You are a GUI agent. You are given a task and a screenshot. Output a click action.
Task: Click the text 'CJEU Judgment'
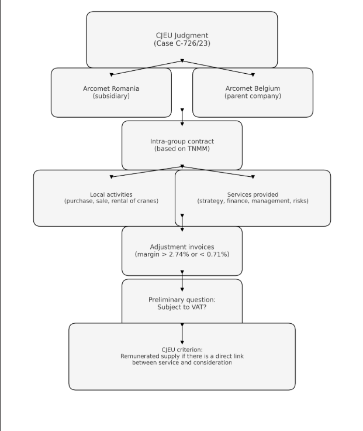[182, 36]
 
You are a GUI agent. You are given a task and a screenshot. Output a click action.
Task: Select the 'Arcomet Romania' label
[111, 88]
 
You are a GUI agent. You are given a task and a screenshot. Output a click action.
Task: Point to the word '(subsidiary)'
[111, 96]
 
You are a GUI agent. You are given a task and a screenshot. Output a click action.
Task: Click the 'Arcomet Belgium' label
[253, 88]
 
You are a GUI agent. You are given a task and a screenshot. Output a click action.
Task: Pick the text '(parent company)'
[253, 96]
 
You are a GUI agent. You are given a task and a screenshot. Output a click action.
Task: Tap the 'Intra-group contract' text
[182, 141]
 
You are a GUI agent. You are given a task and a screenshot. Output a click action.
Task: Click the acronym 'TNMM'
[199, 149]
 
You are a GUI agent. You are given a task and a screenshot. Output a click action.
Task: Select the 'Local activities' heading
[111, 194]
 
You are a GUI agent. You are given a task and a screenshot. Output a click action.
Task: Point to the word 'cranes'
[148, 201]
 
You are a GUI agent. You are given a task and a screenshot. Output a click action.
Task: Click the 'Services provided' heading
[253, 194]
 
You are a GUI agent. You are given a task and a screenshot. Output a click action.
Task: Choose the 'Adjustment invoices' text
[182, 247]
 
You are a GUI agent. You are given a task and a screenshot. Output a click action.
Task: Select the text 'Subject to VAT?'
[182, 307]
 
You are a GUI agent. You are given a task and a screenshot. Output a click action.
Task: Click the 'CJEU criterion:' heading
[182, 350]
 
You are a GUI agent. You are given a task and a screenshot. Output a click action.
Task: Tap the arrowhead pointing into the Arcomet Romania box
[111, 75]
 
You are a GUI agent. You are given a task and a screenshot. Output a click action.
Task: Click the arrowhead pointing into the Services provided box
[253, 177]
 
